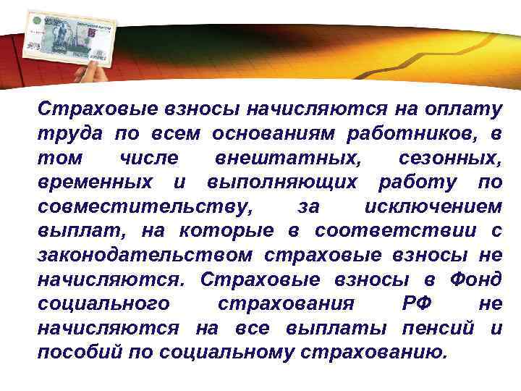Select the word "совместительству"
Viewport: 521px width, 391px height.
click(145, 207)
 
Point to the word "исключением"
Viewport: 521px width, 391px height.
click(433, 207)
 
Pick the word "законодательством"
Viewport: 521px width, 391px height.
click(145, 255)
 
